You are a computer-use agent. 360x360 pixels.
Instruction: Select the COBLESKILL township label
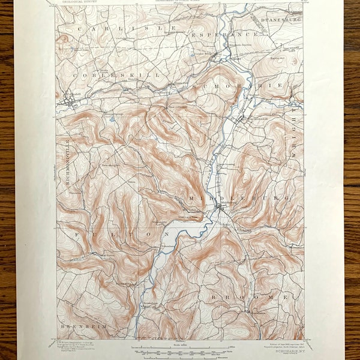coord(116,75)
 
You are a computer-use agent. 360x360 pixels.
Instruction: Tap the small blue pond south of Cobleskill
coord(112,119)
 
